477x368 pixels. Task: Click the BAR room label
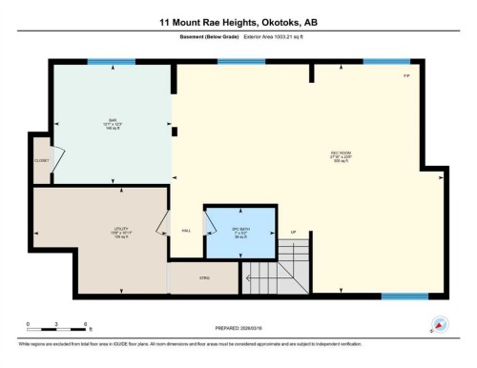point(113,120)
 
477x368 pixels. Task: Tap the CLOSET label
point(42,160)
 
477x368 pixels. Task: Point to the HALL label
point(186,232)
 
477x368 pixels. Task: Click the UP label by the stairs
point(294,231)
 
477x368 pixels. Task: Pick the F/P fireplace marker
point(405,75)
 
